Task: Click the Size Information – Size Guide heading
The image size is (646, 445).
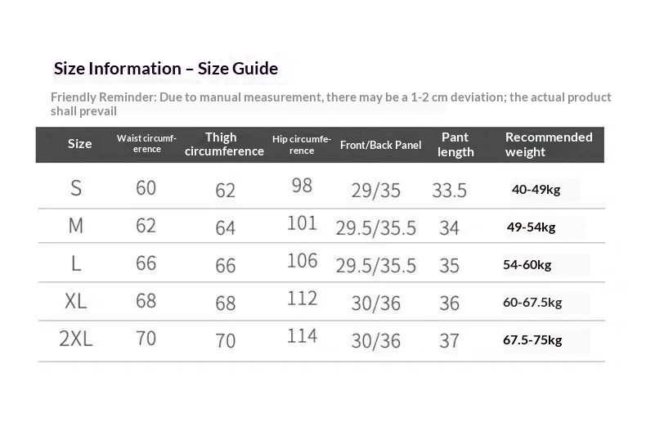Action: pyautogui.click(x=166, y=69)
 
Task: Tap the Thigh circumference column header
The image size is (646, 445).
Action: pyautogui.click(x=224, y=144)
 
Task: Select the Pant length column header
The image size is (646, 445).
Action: pyautogui.click(x=455, y=145)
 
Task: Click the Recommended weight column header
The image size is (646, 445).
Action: pyautogui.click(x=549, y=145)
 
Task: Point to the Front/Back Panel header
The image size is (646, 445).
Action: pyautogui.click(x=381, y=145)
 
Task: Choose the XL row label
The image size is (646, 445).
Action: pyautogui.click(x=76, y=301)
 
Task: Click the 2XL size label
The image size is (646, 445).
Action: pyautogui.click(x=76, y=339)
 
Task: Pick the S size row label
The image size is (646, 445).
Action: pyautogui.click(x=76, y=188)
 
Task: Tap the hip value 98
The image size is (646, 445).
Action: pyautogui.click(x=302, y=186)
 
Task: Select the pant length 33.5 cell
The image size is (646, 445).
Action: pyautogui.click(x=449, y=191)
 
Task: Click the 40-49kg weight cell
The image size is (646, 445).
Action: pyautogui.click(x=536, y=190)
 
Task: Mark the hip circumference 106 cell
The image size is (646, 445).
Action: pyautogui.click(x=302, y=261)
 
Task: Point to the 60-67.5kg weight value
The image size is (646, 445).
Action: pyautogui.click(x=532, y=303)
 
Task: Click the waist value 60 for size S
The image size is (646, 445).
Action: pyautogui.click(x=146, y=188)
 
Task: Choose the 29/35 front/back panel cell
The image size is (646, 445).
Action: pyautogui.click(x=375, y=191)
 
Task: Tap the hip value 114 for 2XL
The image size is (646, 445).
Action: pyautogui.click(x=302, y=336)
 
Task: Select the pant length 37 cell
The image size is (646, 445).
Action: pyautogui.click(x=449, y=341)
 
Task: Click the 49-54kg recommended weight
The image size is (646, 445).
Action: pyautogui.click(x=531, y=227)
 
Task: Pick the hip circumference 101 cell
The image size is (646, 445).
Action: pyautogui.click(x=302, y=223)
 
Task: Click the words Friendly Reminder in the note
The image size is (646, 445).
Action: pyautogui.click(x=103, y=97)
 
